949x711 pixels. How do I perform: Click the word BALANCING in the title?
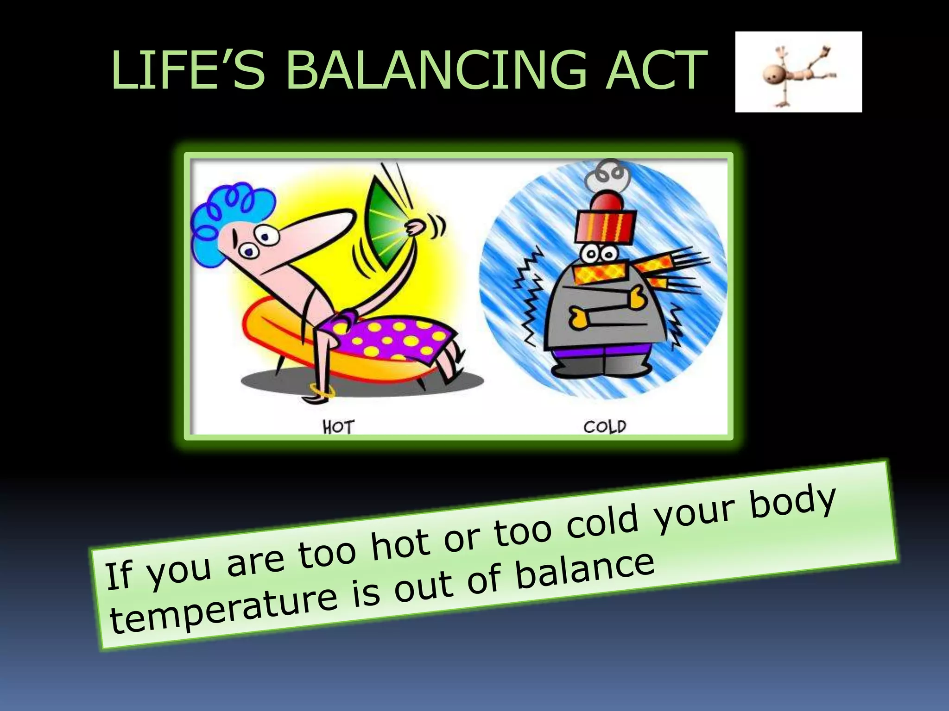point(436,70)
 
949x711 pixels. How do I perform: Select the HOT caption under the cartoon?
point(339,427)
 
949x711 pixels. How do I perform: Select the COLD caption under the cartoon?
point(604,426)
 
